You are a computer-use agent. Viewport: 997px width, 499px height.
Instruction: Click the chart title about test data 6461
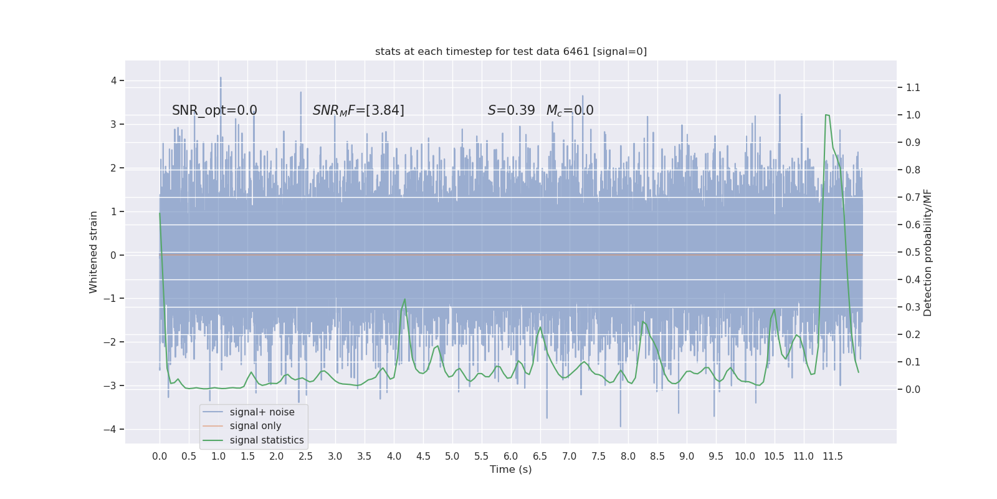pyautogui.click(x=511, y=52)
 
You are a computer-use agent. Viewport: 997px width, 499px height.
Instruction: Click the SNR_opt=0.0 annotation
pyautogui.click(x=214, y=110)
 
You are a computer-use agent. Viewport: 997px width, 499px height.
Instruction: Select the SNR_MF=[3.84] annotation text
pyautogui.click(x=358, y=110)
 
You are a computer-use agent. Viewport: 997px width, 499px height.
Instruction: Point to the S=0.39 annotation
pyautogui.click(x=511, y=110)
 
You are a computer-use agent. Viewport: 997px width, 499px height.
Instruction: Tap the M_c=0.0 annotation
pyautogui.click(x=570, y=110)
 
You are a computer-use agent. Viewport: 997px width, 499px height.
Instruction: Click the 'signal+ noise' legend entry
pyautogui.click(x=262, y=412)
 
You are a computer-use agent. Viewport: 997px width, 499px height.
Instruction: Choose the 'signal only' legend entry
pyautogui.click(x=255, y=426)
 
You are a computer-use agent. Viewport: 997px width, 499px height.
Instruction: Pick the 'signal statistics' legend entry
pyautogui.click(x=267, y=440)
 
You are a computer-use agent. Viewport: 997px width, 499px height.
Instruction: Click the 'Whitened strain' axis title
pyautogui.click(x=93, y=252)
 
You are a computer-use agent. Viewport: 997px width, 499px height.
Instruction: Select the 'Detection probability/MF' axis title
pyautogui.click(x=928, y=252)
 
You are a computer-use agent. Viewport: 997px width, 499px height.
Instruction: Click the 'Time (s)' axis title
pyautogui.click(x=511, y=470)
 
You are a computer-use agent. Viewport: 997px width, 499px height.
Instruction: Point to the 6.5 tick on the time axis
pyautogui.click(x=540, y=457)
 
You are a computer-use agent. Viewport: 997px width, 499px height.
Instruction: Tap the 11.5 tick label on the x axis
pyautogui.click(x=832, y=457)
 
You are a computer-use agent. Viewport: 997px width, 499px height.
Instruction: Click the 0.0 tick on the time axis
pyautogui.click(x=160, y=457)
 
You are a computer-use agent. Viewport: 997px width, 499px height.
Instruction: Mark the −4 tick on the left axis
pyautogui.click(x=113, y=429)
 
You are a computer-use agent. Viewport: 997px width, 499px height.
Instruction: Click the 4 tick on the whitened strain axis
pyautogui.click(x=114, y=80)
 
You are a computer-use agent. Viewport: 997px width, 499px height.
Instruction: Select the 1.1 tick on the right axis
pyautogui.click(x=913, y=88)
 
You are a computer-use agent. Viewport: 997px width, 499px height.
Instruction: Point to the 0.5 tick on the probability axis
pyautogui.click(x=913, y=253)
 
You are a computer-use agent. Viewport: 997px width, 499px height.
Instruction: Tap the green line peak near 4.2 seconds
pyautogui.click(x=405, y=299)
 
